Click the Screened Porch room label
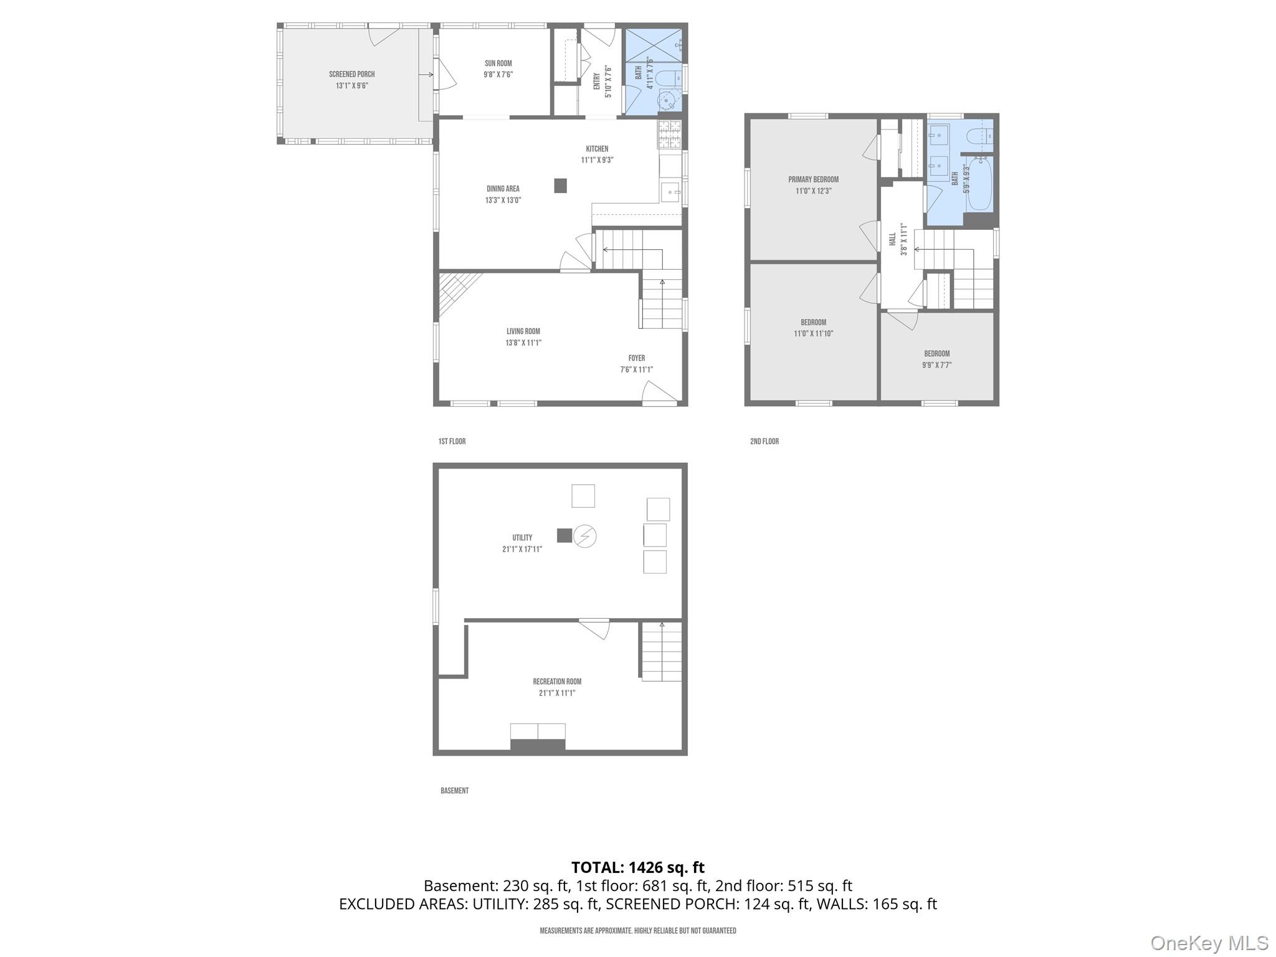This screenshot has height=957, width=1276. pos(352,74)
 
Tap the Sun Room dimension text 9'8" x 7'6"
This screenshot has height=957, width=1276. pos(498,75)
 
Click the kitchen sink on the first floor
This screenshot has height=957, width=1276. pos(671,193)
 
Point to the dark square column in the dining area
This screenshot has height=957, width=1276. pos(561,186)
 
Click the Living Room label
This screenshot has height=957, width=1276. pos(523,331)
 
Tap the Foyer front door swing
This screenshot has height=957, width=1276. pos(658,394)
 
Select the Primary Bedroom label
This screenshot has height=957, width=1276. pos(813,179)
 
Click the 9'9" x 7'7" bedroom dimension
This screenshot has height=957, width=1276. pos(936,366)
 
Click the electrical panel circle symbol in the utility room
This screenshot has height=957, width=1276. pos(585,536)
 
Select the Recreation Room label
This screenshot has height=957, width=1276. pos(557,682)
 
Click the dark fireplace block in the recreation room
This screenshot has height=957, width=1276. pos(538,745)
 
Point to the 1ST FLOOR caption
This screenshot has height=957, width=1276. pos(452,441)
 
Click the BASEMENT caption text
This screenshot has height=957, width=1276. pos(454,791)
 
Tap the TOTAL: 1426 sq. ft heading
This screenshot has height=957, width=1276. pos(637,867)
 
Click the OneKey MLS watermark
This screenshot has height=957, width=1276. pos(1209,943)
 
